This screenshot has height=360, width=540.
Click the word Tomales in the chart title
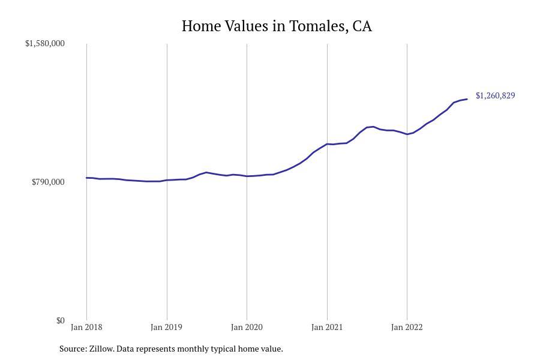(317, 26)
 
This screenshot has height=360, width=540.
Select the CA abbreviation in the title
(362, 26)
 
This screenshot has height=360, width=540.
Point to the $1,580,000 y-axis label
(45, 44)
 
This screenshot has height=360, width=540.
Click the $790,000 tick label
(48, 182)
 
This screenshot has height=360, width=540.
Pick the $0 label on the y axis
(61, 320)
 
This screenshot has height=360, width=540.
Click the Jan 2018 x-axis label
(86, 328)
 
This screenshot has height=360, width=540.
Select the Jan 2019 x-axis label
(167, 328)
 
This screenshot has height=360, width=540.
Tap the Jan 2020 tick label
(247, 328)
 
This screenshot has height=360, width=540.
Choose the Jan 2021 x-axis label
(327, 328)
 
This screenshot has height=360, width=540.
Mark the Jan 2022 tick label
(407, 328)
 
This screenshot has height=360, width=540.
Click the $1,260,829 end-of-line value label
(495, 95)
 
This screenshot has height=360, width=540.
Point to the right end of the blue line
(467, 99)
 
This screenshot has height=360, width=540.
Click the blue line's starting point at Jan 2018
(86, 178)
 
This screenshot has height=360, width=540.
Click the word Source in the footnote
(73, 349)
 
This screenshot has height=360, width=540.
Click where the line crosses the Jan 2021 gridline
(327, 144)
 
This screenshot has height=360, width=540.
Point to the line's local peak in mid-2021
(373, 127)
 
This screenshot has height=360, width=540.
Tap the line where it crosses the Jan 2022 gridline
(407, 134)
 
